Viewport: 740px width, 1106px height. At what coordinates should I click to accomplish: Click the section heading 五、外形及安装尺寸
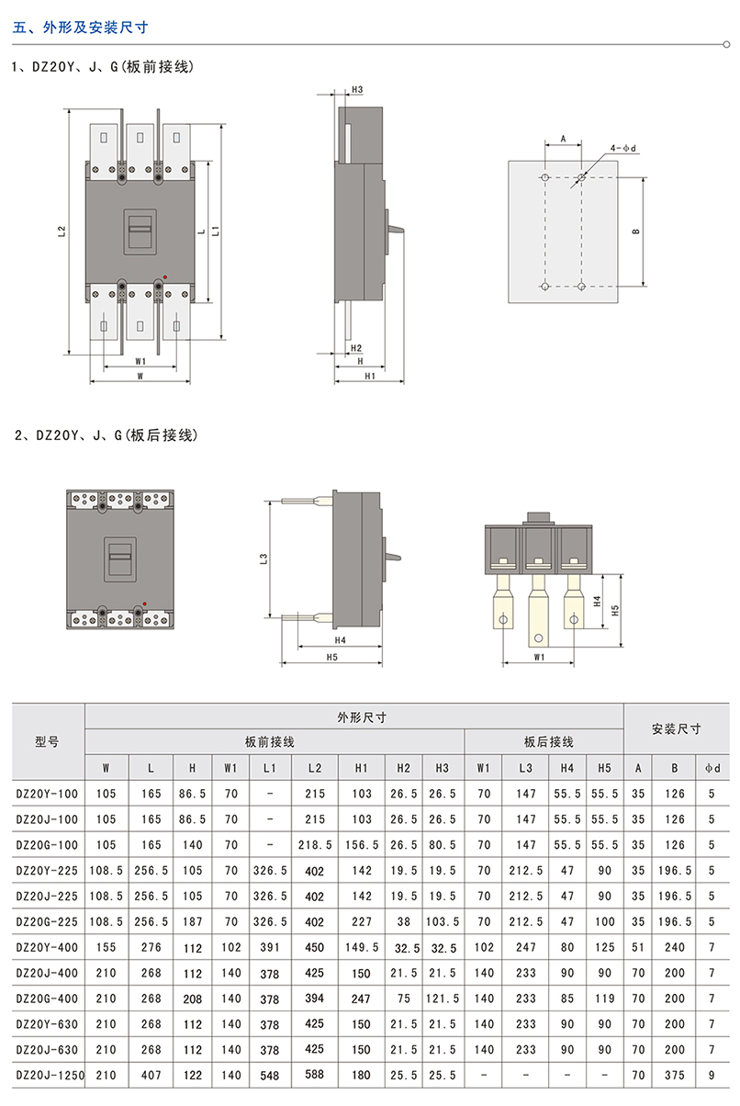coord(81,27)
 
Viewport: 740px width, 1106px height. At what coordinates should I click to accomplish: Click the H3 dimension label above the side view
coord(357,90)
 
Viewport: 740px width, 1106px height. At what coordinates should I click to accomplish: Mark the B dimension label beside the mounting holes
coord(634,232)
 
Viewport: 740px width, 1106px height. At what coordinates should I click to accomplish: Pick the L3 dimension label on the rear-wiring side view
coord(262,558)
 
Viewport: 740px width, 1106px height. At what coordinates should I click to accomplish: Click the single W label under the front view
coord(140,377)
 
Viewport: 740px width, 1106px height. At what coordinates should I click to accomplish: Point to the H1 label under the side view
coord(370,377)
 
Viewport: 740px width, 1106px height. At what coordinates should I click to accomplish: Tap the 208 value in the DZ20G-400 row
coord(192,998)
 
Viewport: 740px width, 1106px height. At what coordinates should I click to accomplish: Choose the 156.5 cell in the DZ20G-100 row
coord(362,844)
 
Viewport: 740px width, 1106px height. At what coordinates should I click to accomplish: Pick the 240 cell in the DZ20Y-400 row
coord(675,947)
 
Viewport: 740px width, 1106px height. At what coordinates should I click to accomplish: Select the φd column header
coord(712,767)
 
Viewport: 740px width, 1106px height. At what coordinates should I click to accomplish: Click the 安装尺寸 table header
coord(676,728)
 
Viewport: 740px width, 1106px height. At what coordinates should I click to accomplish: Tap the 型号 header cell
coord(48,741)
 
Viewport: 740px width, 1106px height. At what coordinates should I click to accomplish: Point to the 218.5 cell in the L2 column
coord(314,844)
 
